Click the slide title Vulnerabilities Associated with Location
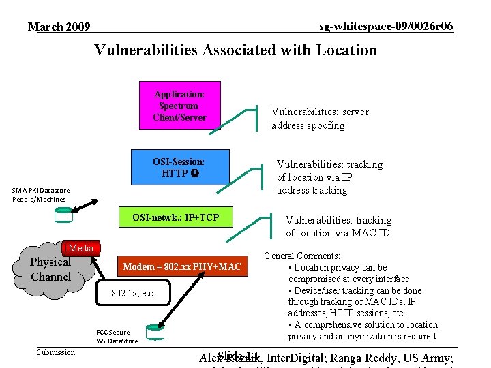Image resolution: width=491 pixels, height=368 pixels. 235,50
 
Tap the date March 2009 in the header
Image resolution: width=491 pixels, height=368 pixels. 59,27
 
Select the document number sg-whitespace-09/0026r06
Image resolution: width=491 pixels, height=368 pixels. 386,26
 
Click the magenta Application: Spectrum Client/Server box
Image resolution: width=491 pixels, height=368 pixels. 179,106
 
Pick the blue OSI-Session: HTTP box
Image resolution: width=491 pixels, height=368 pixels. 179,168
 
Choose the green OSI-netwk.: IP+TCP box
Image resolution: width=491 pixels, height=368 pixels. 176,218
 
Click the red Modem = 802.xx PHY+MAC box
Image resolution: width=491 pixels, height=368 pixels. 182,266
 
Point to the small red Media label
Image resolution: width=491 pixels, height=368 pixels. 81,248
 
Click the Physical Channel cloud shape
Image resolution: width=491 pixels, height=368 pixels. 50,270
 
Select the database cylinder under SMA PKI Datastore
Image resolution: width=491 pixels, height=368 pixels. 63,215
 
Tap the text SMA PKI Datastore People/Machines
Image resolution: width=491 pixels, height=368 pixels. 40,195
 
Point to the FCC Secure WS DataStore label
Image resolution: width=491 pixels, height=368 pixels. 117,337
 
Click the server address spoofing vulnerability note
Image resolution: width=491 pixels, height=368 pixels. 319,119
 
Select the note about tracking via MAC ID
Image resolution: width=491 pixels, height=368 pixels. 338,226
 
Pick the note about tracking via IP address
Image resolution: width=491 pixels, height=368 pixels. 329,177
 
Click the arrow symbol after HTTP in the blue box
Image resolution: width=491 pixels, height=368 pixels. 195,173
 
